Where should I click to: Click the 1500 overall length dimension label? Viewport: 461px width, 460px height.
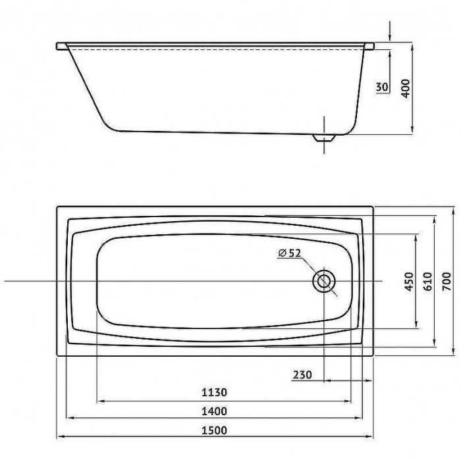214,430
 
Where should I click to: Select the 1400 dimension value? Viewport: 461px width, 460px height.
214,411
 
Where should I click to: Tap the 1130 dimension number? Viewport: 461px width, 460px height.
214,392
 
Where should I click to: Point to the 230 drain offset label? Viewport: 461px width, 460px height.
302,374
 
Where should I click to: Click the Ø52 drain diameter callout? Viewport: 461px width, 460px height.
290,253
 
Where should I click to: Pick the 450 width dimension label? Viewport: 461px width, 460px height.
409,282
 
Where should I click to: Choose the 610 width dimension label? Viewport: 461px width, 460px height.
428,282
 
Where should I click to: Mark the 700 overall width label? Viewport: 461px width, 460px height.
447,282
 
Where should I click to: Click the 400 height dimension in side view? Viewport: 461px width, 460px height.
406,88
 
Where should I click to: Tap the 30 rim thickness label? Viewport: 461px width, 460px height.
382,87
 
